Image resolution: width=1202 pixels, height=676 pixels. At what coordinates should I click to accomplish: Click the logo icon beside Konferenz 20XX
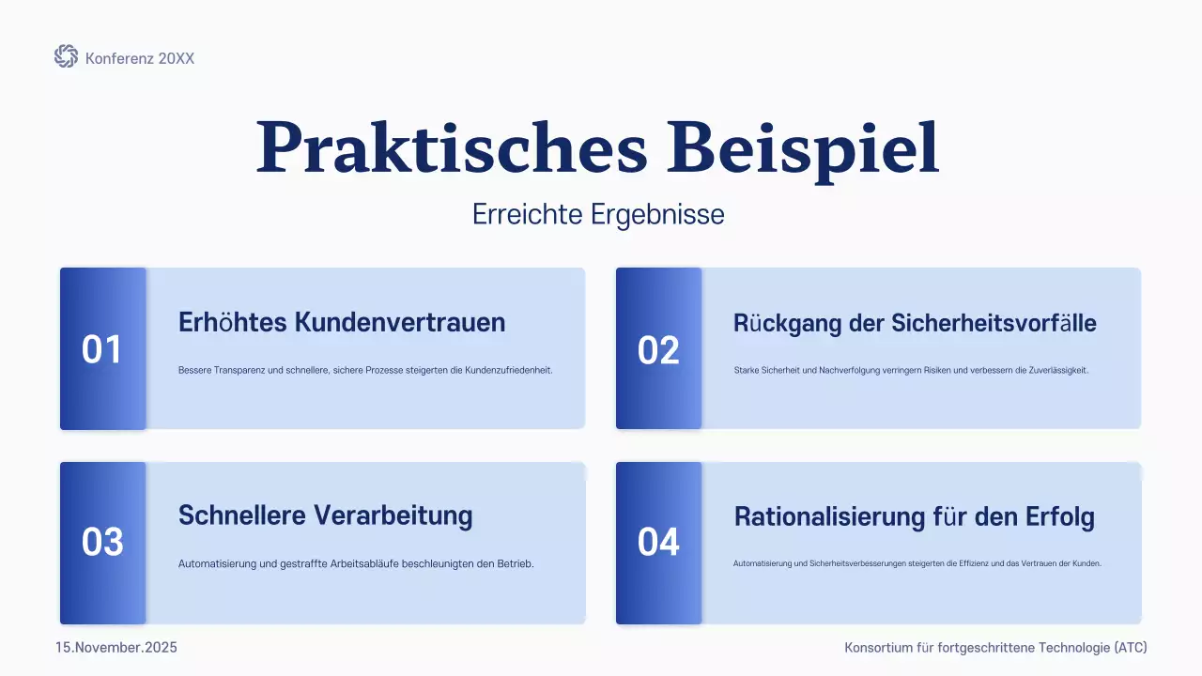(66, 57)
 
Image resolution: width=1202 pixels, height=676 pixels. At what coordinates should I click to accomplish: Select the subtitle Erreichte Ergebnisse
(598, 215)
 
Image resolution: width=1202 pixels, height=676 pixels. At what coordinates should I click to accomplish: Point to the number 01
(102, 350)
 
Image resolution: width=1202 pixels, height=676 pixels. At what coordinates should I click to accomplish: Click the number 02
(658, 350)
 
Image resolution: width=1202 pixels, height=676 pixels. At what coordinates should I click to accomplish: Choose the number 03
(102, 543)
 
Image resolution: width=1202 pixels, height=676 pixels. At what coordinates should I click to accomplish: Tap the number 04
(658, 543)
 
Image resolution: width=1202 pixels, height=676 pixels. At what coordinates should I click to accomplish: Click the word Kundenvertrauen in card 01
(400, 323)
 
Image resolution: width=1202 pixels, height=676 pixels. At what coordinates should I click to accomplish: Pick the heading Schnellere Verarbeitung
(326, 515)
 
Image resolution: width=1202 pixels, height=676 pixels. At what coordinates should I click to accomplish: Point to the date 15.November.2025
(116, 648)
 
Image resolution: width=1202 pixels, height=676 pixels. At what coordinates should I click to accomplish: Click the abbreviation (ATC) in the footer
(1130, 648)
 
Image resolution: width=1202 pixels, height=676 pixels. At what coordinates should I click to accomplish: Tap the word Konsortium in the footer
(879, 648)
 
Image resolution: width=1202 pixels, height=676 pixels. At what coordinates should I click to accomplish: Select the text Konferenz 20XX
(140, 58)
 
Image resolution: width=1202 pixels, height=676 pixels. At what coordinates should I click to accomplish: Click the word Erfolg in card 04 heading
(1059, 517)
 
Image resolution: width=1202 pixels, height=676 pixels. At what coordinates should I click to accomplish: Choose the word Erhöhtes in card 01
(233, 323)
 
